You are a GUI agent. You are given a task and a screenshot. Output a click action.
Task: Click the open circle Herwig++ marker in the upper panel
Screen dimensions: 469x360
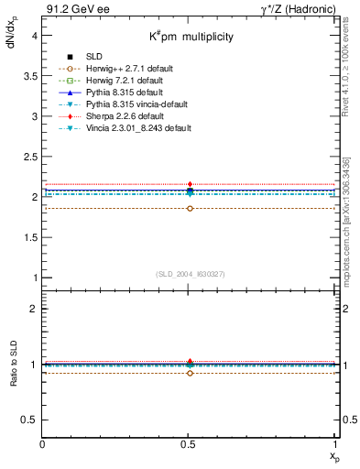(190, 209)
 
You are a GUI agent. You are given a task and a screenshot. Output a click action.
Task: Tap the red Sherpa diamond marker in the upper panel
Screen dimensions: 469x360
(190, 184)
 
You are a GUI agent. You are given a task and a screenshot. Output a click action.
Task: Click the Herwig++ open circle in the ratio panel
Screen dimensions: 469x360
(190, 373)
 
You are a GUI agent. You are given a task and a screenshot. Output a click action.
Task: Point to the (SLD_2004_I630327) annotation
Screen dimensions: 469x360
(190, 275)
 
